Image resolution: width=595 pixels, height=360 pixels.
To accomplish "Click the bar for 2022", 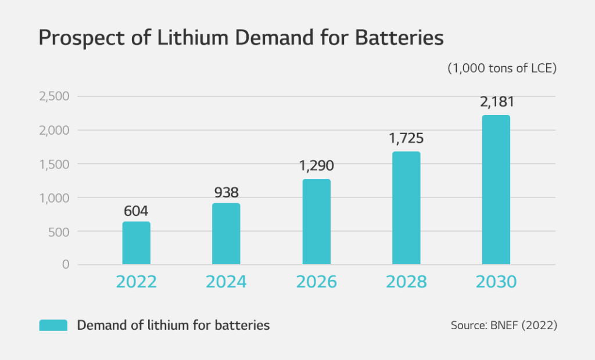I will pyautogui.click(x=136, y=243).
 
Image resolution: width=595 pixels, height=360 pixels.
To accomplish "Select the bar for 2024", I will pyautogui.click(x=226, y=234).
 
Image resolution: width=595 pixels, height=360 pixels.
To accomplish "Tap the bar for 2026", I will pyautogui.click(x=316, y=222).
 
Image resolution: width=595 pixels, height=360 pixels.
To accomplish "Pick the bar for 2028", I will pyautogui.click(x=406, y=208).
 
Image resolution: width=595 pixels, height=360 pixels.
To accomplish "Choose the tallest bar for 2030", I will pyautogui.click(x=496, y=190).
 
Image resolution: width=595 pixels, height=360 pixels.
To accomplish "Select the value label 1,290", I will pyautogui.click(x=316, y=167).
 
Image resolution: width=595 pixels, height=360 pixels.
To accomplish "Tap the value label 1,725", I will pyautogui.click(x=406, y=139).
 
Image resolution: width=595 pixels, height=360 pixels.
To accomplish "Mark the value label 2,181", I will pyautogui.click(x=496, y=102).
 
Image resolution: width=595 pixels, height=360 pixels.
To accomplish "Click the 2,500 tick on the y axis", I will pyautogui.click(x=54, y=96).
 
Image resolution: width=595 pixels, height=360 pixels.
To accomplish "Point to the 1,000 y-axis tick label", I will pyautogui.click(x=54, y=198).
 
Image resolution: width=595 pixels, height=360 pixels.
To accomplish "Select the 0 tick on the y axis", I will pyautogui.click(x=66, y=265).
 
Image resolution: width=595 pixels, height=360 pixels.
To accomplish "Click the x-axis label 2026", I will pyautogui.click(x=316, y=282).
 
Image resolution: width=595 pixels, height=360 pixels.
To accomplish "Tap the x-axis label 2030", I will pyautogui.click(x=496, y=282).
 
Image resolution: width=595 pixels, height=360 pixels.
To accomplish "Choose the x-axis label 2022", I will pyautogui.click(x=136, y=282).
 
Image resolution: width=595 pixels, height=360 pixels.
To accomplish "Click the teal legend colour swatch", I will pyautogui.click(x=53, y=325).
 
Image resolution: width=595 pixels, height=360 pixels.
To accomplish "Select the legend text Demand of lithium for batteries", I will pyautogui.click(x=173, y=325).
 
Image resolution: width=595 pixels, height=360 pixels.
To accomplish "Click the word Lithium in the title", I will pyautogui.click(x=173, y=38).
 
